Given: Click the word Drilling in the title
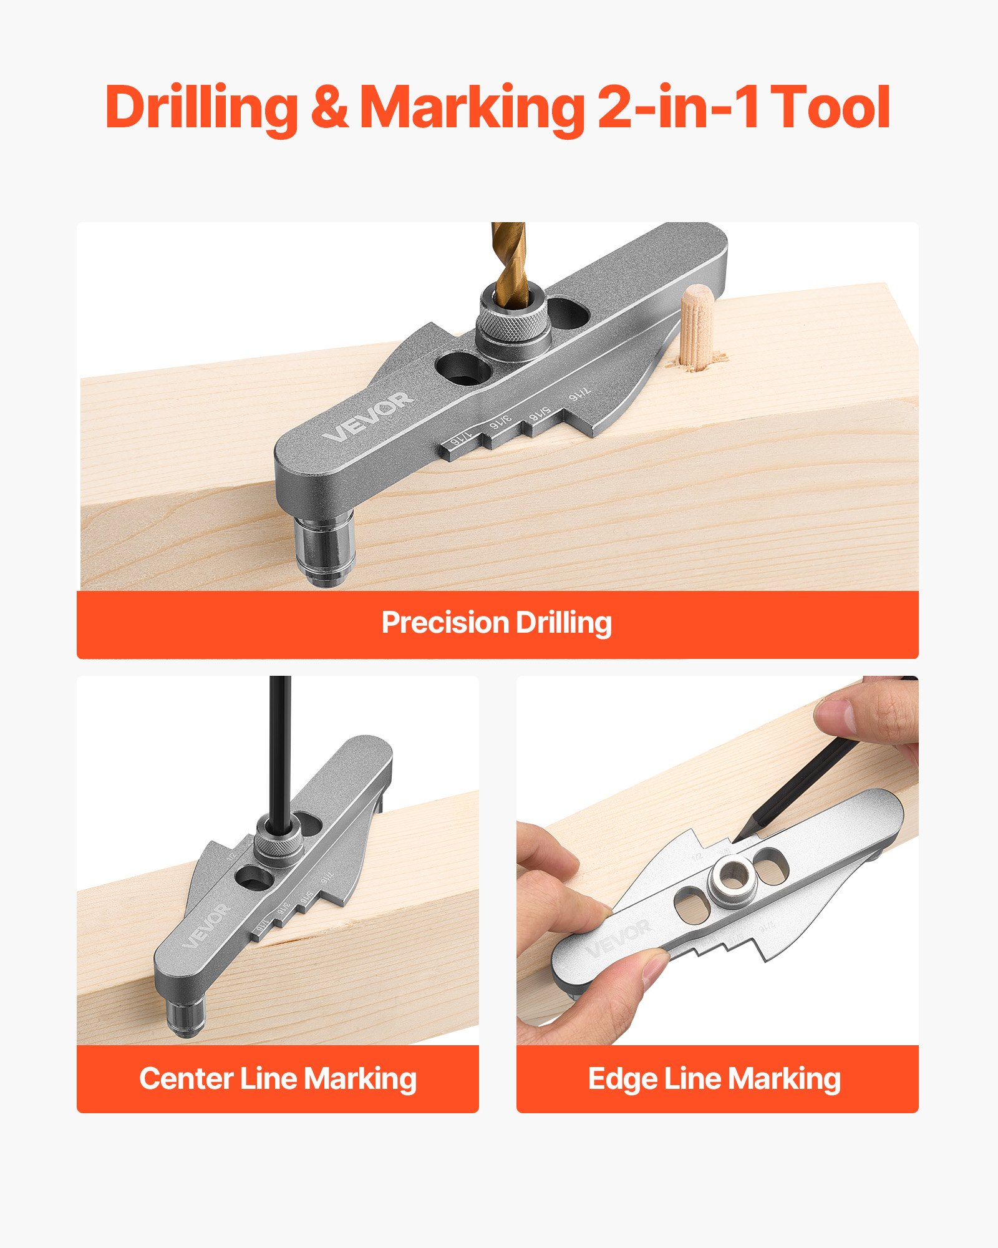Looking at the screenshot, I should click(x=201, y=107).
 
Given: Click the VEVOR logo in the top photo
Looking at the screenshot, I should click(x=369, y=416).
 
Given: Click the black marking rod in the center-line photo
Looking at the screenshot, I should click(x=280, y=749).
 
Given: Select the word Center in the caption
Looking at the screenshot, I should click(x=185, y=1079).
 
